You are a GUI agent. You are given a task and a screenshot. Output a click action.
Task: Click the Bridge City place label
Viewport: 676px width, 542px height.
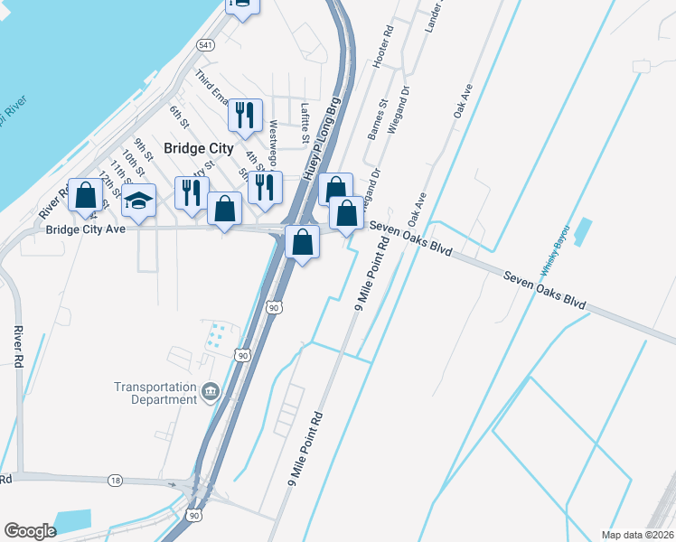click(198, 148)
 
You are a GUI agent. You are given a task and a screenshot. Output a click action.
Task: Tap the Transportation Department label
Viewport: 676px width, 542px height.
click(155, 393)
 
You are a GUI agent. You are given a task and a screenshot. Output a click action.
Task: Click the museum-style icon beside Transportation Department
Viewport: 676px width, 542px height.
click(211, 391)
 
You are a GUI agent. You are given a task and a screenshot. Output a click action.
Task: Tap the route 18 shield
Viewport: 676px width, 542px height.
click(115, 480)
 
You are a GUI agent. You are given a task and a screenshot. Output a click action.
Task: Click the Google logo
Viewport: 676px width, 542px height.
click(31, 531)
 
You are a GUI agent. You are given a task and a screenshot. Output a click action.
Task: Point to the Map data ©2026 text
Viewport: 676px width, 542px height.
click(637, 535)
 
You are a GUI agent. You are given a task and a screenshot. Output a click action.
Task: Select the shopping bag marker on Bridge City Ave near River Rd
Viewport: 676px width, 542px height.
click(85, 196)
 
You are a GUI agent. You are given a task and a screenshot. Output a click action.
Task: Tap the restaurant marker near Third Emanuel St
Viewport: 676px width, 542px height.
click(245, 114)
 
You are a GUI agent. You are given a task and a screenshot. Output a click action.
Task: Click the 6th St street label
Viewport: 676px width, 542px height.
click(178, 117)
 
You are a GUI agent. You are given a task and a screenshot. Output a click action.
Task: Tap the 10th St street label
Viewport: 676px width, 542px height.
click(134, 164)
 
